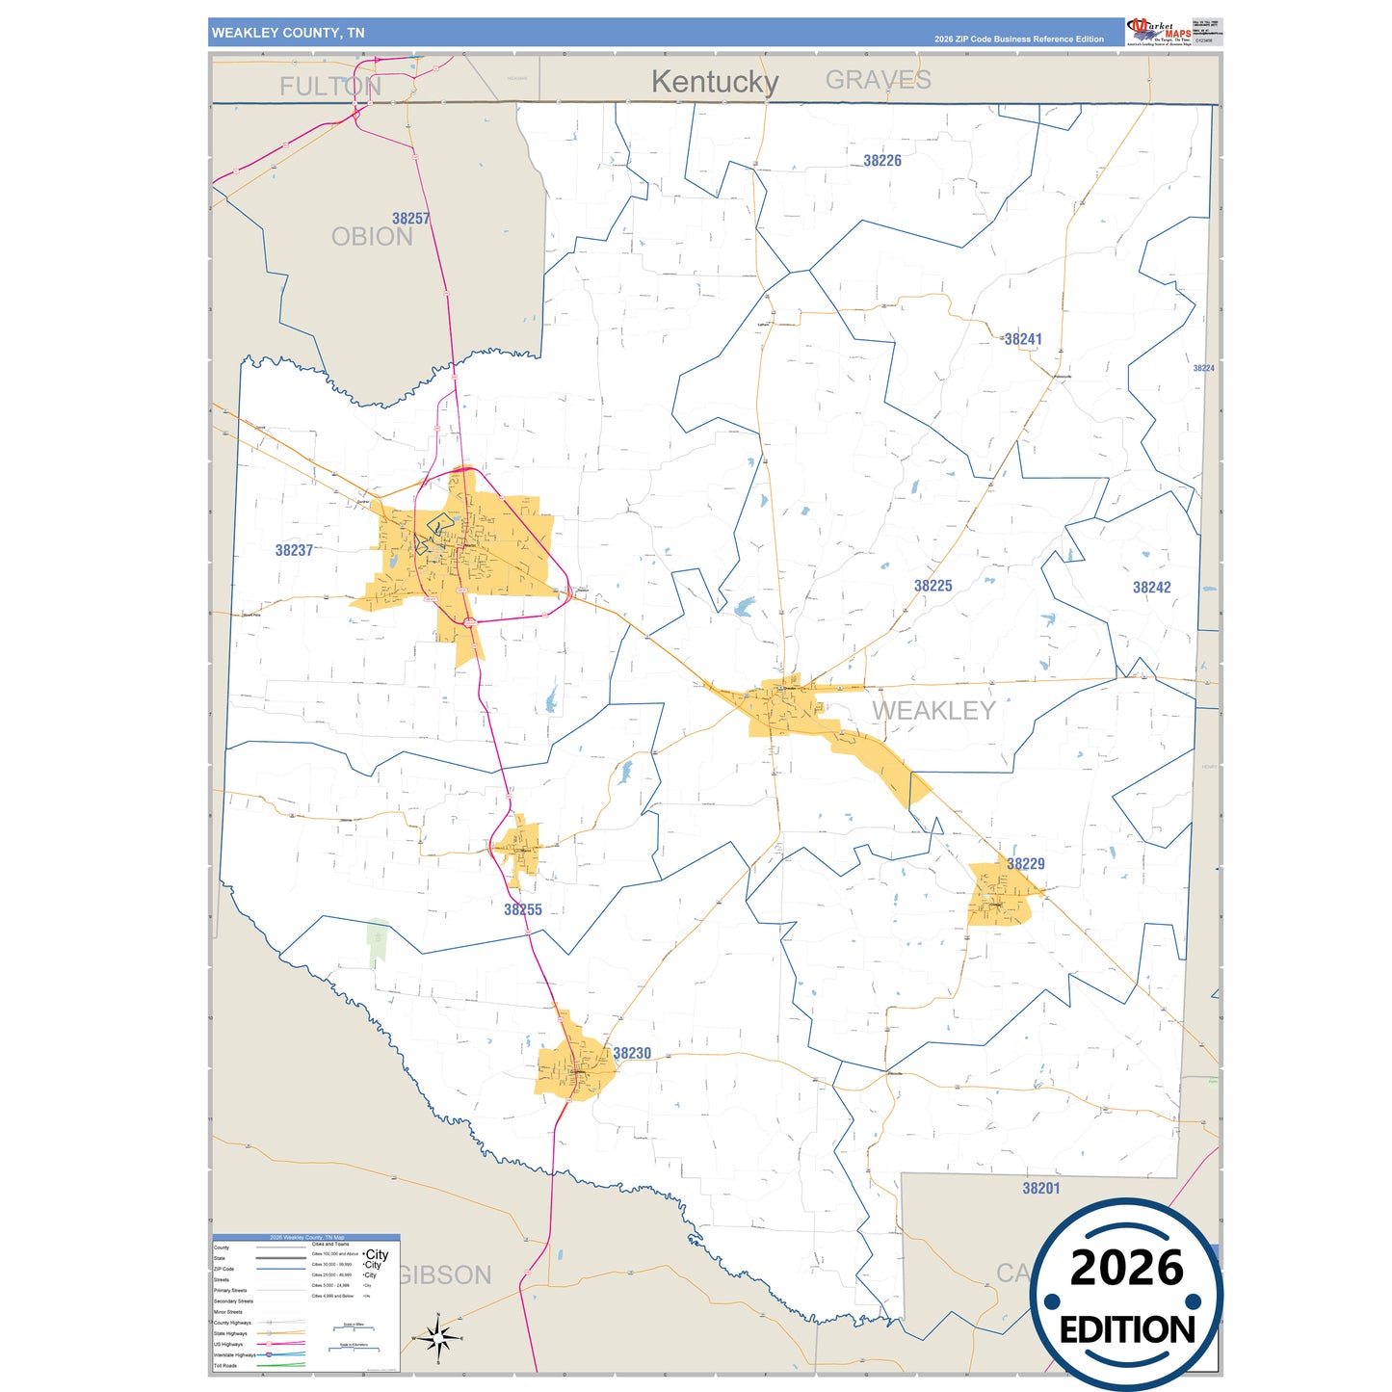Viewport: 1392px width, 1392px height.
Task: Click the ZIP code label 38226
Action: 881,161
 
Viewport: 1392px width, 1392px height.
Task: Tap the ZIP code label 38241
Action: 1022,339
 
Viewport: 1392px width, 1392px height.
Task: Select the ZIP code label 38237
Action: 294,550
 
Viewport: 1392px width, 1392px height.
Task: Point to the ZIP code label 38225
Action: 932,586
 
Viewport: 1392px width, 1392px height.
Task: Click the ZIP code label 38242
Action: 1151,588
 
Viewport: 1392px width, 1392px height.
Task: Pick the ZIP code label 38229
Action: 1025,864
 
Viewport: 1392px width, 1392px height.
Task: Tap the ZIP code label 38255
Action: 522,909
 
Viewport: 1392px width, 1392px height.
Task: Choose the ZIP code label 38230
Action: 632,1054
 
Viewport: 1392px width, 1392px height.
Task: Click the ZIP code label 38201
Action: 1040,1189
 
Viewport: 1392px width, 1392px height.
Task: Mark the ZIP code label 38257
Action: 410,219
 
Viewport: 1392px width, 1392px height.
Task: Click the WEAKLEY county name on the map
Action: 932,711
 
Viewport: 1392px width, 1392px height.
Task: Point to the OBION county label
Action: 372,237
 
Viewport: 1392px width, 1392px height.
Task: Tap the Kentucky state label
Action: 714,82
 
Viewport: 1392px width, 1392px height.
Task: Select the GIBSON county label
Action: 445,1275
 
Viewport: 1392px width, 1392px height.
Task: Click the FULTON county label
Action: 330,87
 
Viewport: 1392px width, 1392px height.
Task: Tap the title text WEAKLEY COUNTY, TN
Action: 288,33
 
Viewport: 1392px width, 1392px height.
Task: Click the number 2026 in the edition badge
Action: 1126,1268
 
